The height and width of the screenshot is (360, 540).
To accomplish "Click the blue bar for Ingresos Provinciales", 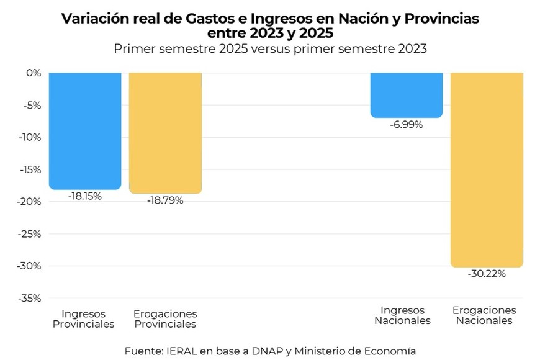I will coord(85,130).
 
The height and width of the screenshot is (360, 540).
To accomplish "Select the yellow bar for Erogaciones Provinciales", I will coord(165,133).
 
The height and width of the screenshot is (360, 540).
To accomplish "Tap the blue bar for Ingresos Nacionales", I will coord(407,95).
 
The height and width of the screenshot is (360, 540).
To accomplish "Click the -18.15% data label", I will coord(84,196).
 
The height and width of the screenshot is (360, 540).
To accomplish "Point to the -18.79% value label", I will coord(165,200).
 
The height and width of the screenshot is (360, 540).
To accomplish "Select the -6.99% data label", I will coord(407,125).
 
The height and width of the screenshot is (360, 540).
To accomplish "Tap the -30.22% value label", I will coord(487,274).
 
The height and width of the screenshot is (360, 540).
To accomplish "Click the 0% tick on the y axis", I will coord(33,73).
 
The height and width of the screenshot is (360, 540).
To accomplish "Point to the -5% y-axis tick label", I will coord(31,105).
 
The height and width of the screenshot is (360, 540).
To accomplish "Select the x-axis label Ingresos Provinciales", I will coord(84,318).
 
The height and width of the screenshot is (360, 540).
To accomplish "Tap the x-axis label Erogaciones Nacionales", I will coord(484,315).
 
